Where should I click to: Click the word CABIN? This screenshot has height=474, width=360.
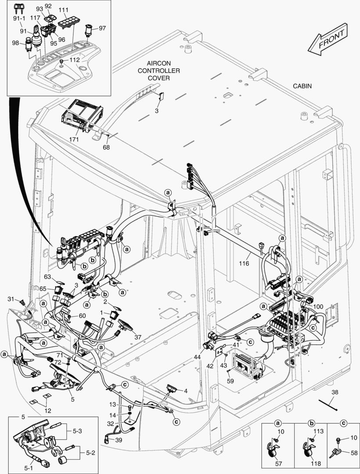click(x=302, y=86)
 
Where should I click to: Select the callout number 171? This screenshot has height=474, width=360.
click(x=73, y=140)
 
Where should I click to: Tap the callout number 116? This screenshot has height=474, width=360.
click(x=244, y=263)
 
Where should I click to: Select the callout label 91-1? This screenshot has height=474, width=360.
click(x=19, y=19)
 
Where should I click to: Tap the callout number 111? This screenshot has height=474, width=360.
click(x=63, y=10)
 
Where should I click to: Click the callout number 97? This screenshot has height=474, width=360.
click(x=102, y=28)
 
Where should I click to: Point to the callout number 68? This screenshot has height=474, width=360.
click(x=106, y=147)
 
